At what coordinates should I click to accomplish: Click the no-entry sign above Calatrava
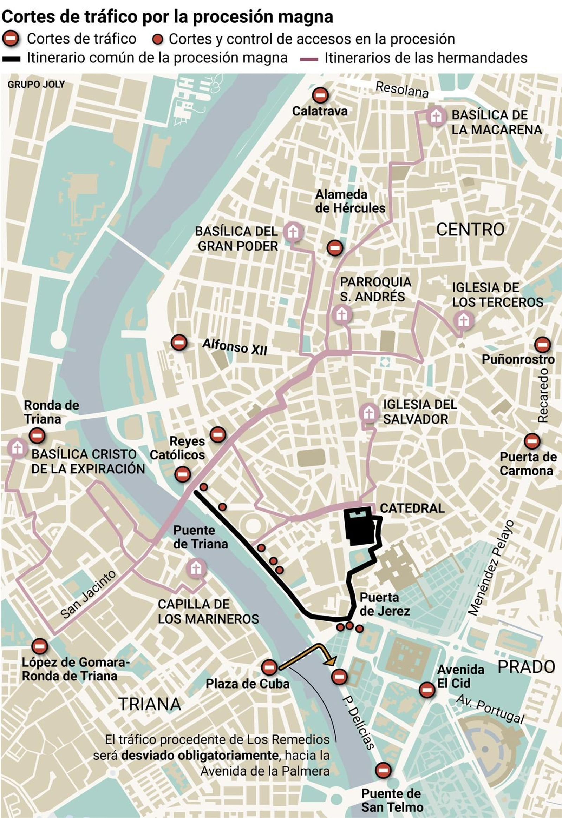click(320, 95)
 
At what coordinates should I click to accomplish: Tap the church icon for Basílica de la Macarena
click(436, 116)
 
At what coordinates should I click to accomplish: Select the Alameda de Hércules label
click(350, 201)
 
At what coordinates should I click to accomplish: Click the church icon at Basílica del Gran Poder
click(293, 232)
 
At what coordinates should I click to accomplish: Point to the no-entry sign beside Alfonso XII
click(179, 342)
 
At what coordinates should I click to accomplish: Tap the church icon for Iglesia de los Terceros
click(463, 320)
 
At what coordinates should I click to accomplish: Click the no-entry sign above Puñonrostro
click(542, 345)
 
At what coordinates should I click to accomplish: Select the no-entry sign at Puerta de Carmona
click(532, 441)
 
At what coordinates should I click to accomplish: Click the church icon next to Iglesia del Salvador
click(369, 413)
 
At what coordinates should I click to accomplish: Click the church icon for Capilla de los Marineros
click(196, 568)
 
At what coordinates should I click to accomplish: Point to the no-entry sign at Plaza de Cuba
click(269, 667)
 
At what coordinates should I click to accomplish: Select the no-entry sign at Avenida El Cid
click(427, 690)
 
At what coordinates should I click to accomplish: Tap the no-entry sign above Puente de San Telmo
click(383, 770)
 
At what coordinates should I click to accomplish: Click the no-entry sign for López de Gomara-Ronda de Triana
click(39, 646)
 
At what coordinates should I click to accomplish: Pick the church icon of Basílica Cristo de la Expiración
click(17, 448)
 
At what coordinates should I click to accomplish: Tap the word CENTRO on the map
click(470, 230)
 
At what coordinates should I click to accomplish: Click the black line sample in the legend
click(11, 59)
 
